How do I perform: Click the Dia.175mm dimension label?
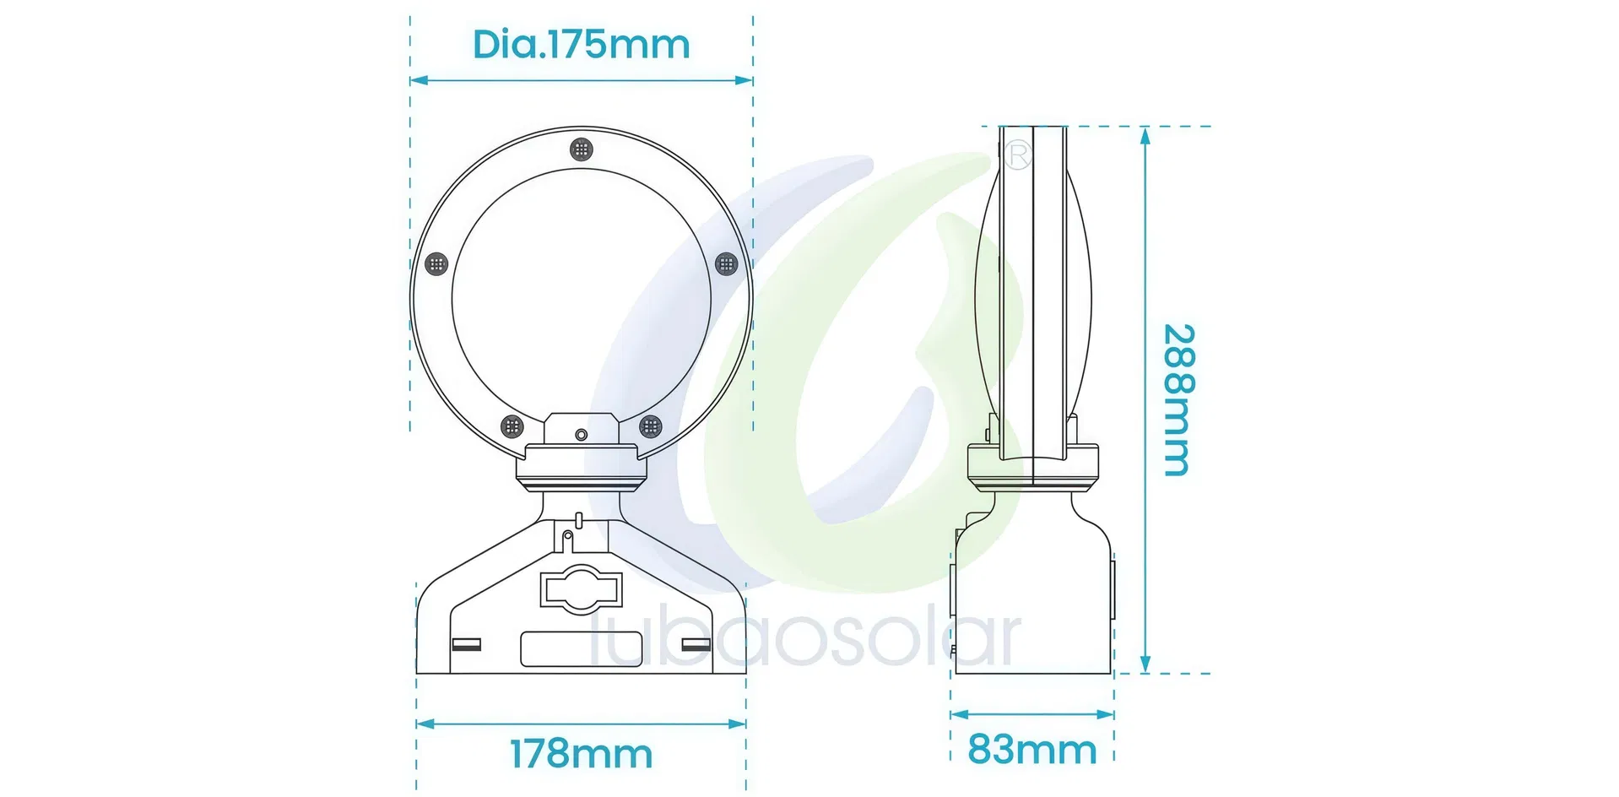[581, 44]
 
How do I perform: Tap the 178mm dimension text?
[581, 754]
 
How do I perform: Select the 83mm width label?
[1032, 749]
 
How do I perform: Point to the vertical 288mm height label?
[1178, 399]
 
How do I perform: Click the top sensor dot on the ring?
[581, 149]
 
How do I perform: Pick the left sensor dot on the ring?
[436, 264]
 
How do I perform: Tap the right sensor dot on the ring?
[726, 264]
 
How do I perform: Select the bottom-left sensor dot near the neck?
[512, 426]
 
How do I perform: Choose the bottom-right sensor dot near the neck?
[650, 426]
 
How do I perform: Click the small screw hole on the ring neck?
[581, 435]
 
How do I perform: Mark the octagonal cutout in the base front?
[582, 588]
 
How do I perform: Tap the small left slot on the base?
[467, 645]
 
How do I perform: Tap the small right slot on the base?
[696, 645]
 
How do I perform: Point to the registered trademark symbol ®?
[1019, 155]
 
